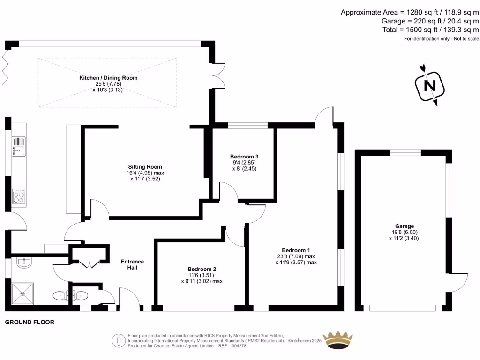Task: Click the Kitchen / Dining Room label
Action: coord(108,77)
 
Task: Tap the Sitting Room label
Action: coord(145,166)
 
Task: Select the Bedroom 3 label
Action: coord(244,157)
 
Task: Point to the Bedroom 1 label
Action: coord(296,250)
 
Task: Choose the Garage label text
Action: coord(404,226)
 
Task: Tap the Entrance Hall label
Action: coord(132,264)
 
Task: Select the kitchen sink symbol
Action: coord(19,146)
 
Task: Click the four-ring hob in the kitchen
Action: coord(19,196)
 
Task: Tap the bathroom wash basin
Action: coord(23,262)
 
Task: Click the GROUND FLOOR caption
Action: coord(30,322)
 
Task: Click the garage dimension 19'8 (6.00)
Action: coord(404,232)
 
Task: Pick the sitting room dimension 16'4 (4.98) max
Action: coord(145,172)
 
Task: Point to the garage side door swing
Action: coord(460,281)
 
